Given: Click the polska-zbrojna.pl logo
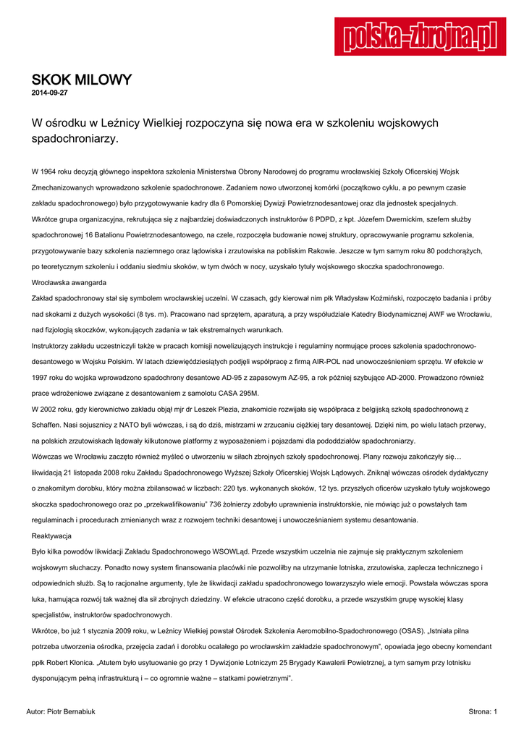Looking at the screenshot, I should [x=420, y=36].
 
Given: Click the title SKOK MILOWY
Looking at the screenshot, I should [x=81, y=80].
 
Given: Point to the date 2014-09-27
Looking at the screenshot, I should [x=50, y=93].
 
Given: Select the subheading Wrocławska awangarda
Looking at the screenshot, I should [x=69, y=282].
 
